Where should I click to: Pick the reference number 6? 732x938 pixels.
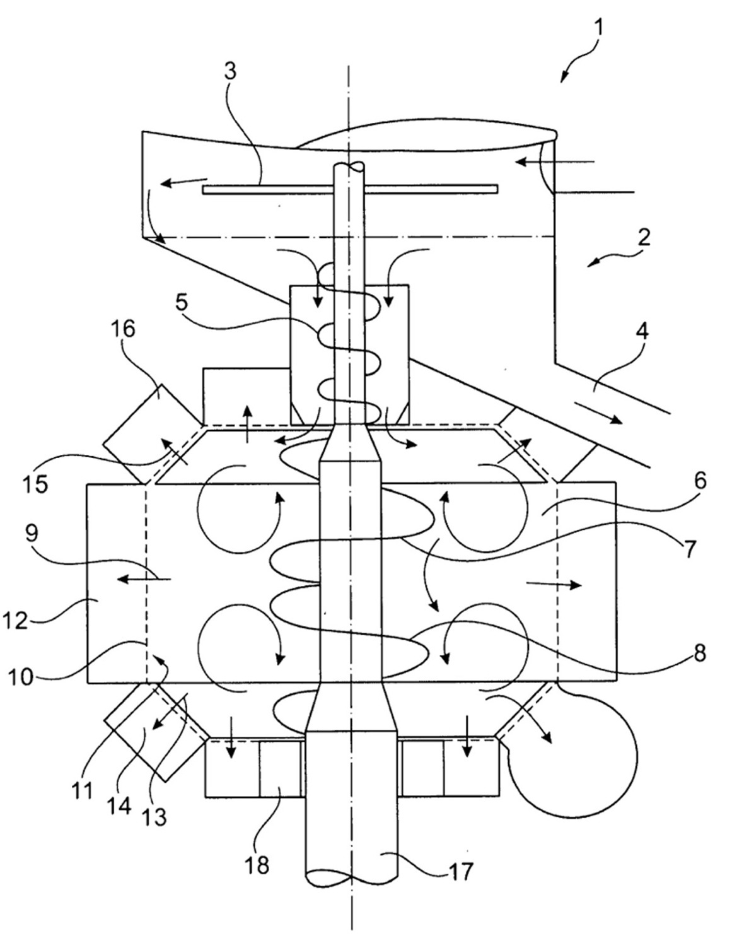699,479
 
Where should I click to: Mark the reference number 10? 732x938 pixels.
21,677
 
